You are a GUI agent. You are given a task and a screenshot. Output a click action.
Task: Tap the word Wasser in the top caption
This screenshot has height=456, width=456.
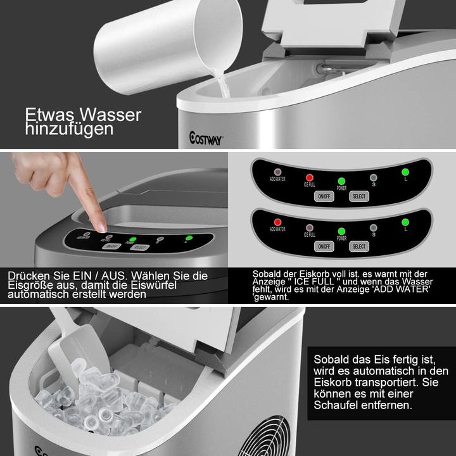111,115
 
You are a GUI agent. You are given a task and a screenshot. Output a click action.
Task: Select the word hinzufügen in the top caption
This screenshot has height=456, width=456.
69,129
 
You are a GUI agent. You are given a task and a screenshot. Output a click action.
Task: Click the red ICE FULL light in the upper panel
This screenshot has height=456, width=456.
310,177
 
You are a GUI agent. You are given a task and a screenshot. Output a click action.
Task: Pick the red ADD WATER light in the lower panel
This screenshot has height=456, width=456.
277,222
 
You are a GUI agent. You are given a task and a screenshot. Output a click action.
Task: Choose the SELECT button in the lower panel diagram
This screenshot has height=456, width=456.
358,246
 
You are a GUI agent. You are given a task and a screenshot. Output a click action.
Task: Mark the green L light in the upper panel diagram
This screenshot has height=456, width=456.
405,172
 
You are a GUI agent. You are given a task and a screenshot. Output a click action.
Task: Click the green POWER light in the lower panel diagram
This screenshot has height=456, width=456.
341,231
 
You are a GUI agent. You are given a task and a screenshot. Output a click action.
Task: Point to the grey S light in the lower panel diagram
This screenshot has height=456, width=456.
373,227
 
